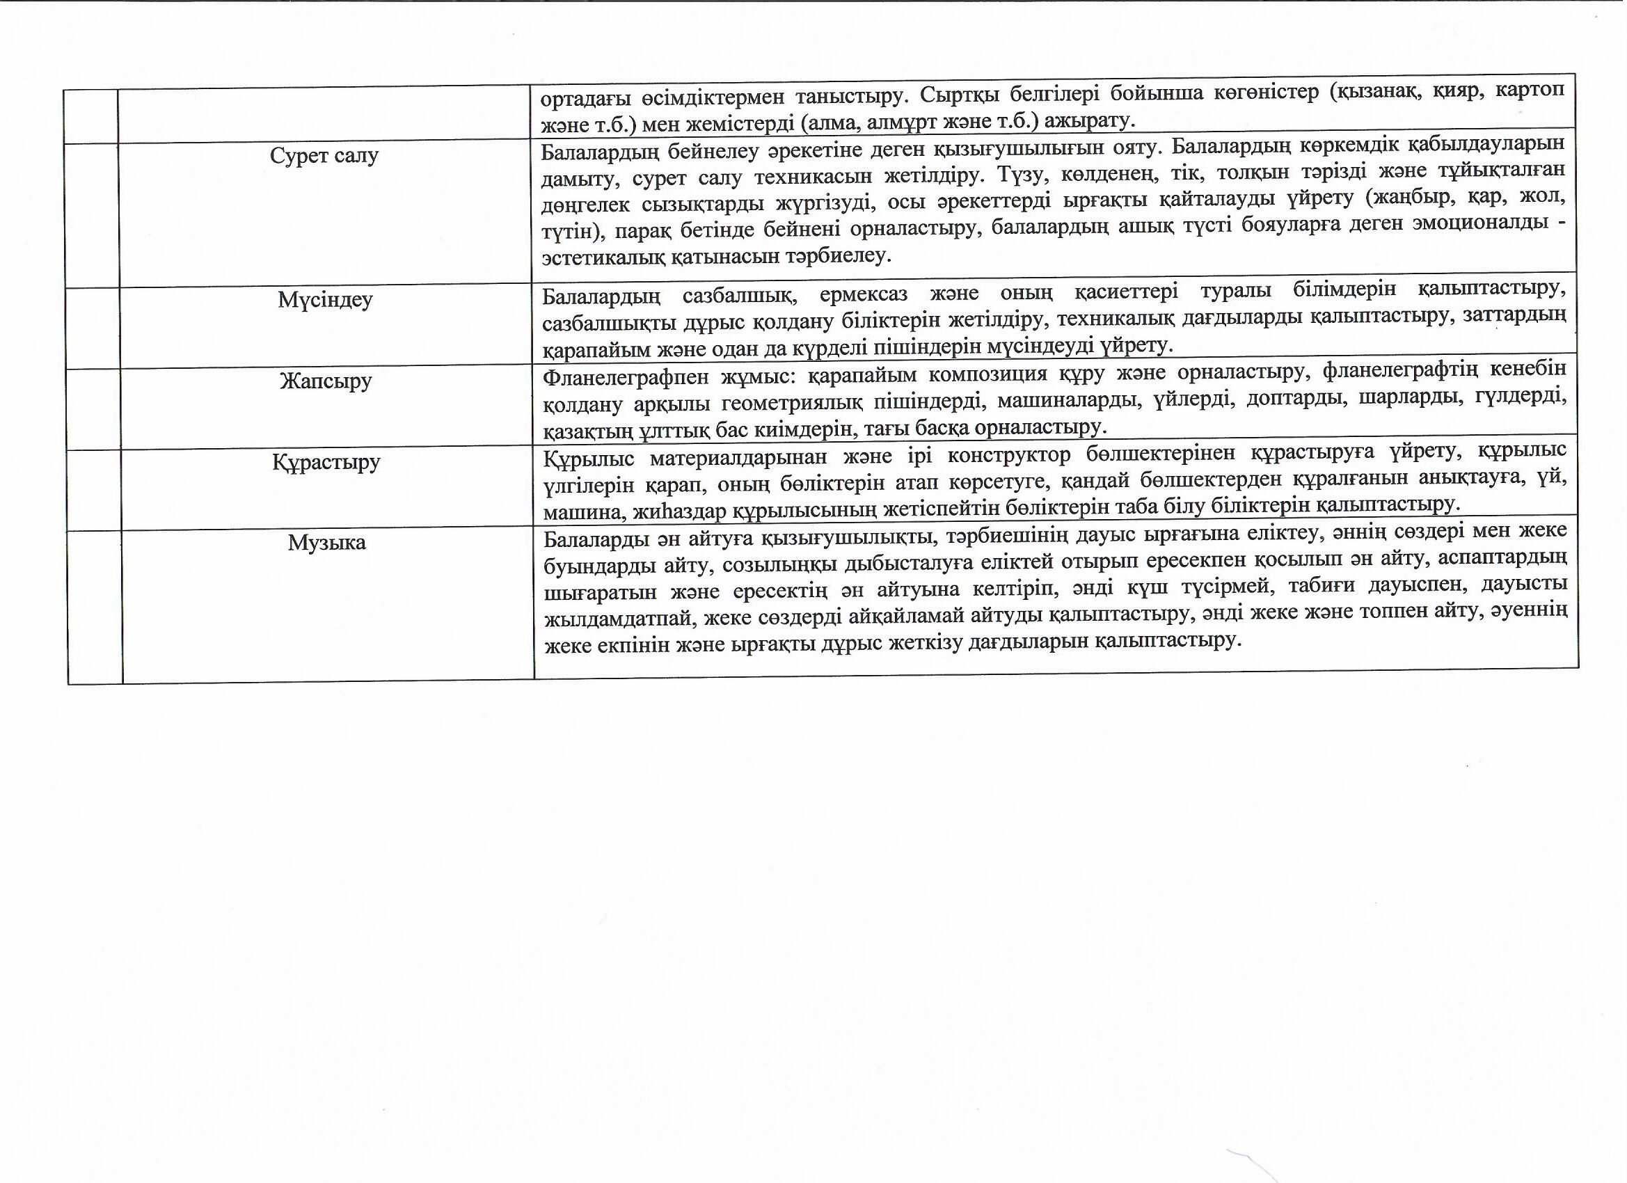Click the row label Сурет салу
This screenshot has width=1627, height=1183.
[x=324, y=156]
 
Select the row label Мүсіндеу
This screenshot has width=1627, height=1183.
[x=325, y=299]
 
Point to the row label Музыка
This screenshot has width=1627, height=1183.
[x=327, y=542]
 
